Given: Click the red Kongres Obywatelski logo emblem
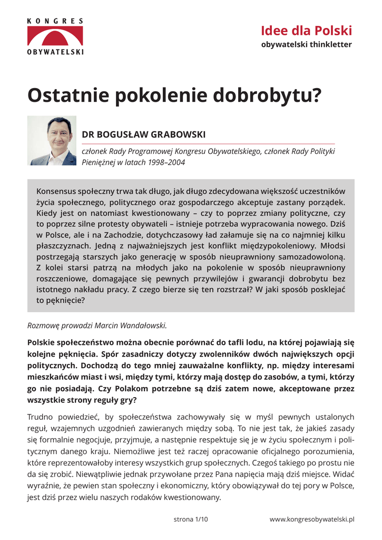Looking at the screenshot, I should [x=55, y=36].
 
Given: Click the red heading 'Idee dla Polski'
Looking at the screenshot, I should [x=306, y=30].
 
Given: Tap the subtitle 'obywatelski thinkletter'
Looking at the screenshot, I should [x=306, y=44].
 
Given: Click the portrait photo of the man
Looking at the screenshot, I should [x=52, y=140].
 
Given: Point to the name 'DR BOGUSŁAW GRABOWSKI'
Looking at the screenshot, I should [x=143, y=134].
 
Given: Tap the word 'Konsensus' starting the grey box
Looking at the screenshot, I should [x=56, y=191].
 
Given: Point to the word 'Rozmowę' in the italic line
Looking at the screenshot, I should [x=43, y=325].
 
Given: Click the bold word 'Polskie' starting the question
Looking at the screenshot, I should [x=42, y=342].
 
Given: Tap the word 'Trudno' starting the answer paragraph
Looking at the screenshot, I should [x=40, y=417].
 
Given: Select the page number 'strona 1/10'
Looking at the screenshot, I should [x=191, y=519].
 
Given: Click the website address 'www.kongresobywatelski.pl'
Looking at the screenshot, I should [x=312, y=519].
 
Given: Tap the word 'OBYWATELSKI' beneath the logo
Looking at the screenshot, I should [x=55, y=52].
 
